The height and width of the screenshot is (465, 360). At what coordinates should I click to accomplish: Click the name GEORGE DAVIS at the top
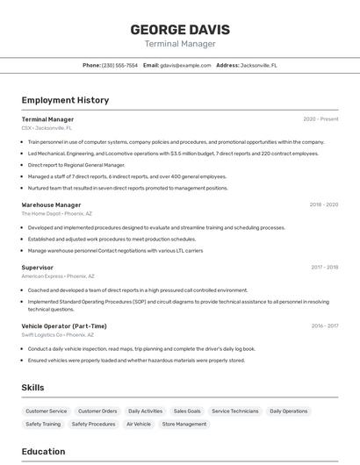pyautogui.click(x=179, y=29)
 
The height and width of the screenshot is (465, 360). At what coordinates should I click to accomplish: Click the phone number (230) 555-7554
pyautogui.click(x=119, y=65)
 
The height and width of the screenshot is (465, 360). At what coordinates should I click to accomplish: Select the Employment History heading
pyautogui.click(x=65, y=100)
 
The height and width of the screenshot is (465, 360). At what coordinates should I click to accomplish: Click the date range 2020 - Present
pyautogui.click(x=320, y=119)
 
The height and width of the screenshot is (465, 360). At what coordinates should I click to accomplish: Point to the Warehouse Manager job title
pyautogui.click(x=51, y=204)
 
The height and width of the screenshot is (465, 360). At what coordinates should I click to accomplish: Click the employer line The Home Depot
pyautogui.click(x=56, y=213)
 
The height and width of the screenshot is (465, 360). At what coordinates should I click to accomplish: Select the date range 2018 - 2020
pyautogui.click(x=323, y=204)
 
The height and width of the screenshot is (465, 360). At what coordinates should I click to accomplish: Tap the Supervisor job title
pyautogui.click(x=37, y=267)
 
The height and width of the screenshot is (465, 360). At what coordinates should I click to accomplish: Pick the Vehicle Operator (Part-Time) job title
pyautogui.click(x=64, y=325)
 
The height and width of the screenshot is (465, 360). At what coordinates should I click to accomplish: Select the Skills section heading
pyautogui.click(x=32, y=387)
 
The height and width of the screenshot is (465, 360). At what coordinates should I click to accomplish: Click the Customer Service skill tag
pyautogui.click(x=46, y=411)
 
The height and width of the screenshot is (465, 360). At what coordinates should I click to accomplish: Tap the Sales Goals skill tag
pyautogui.click(x=187, y=411)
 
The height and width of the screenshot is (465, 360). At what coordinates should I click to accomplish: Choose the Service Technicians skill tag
pyautogui.click(x=235, y=411)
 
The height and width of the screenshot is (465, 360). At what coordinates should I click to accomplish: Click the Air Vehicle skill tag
pyautogui.click(x=139, y=424)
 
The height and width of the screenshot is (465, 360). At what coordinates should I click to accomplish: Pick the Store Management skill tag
pyautogui.click(x=184, y=424)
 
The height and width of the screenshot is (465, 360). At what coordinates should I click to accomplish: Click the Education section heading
pyautogui.click(x=43, y=452)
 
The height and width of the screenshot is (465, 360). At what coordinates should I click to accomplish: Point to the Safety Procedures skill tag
pyautogui.click(x=93, y=424)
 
